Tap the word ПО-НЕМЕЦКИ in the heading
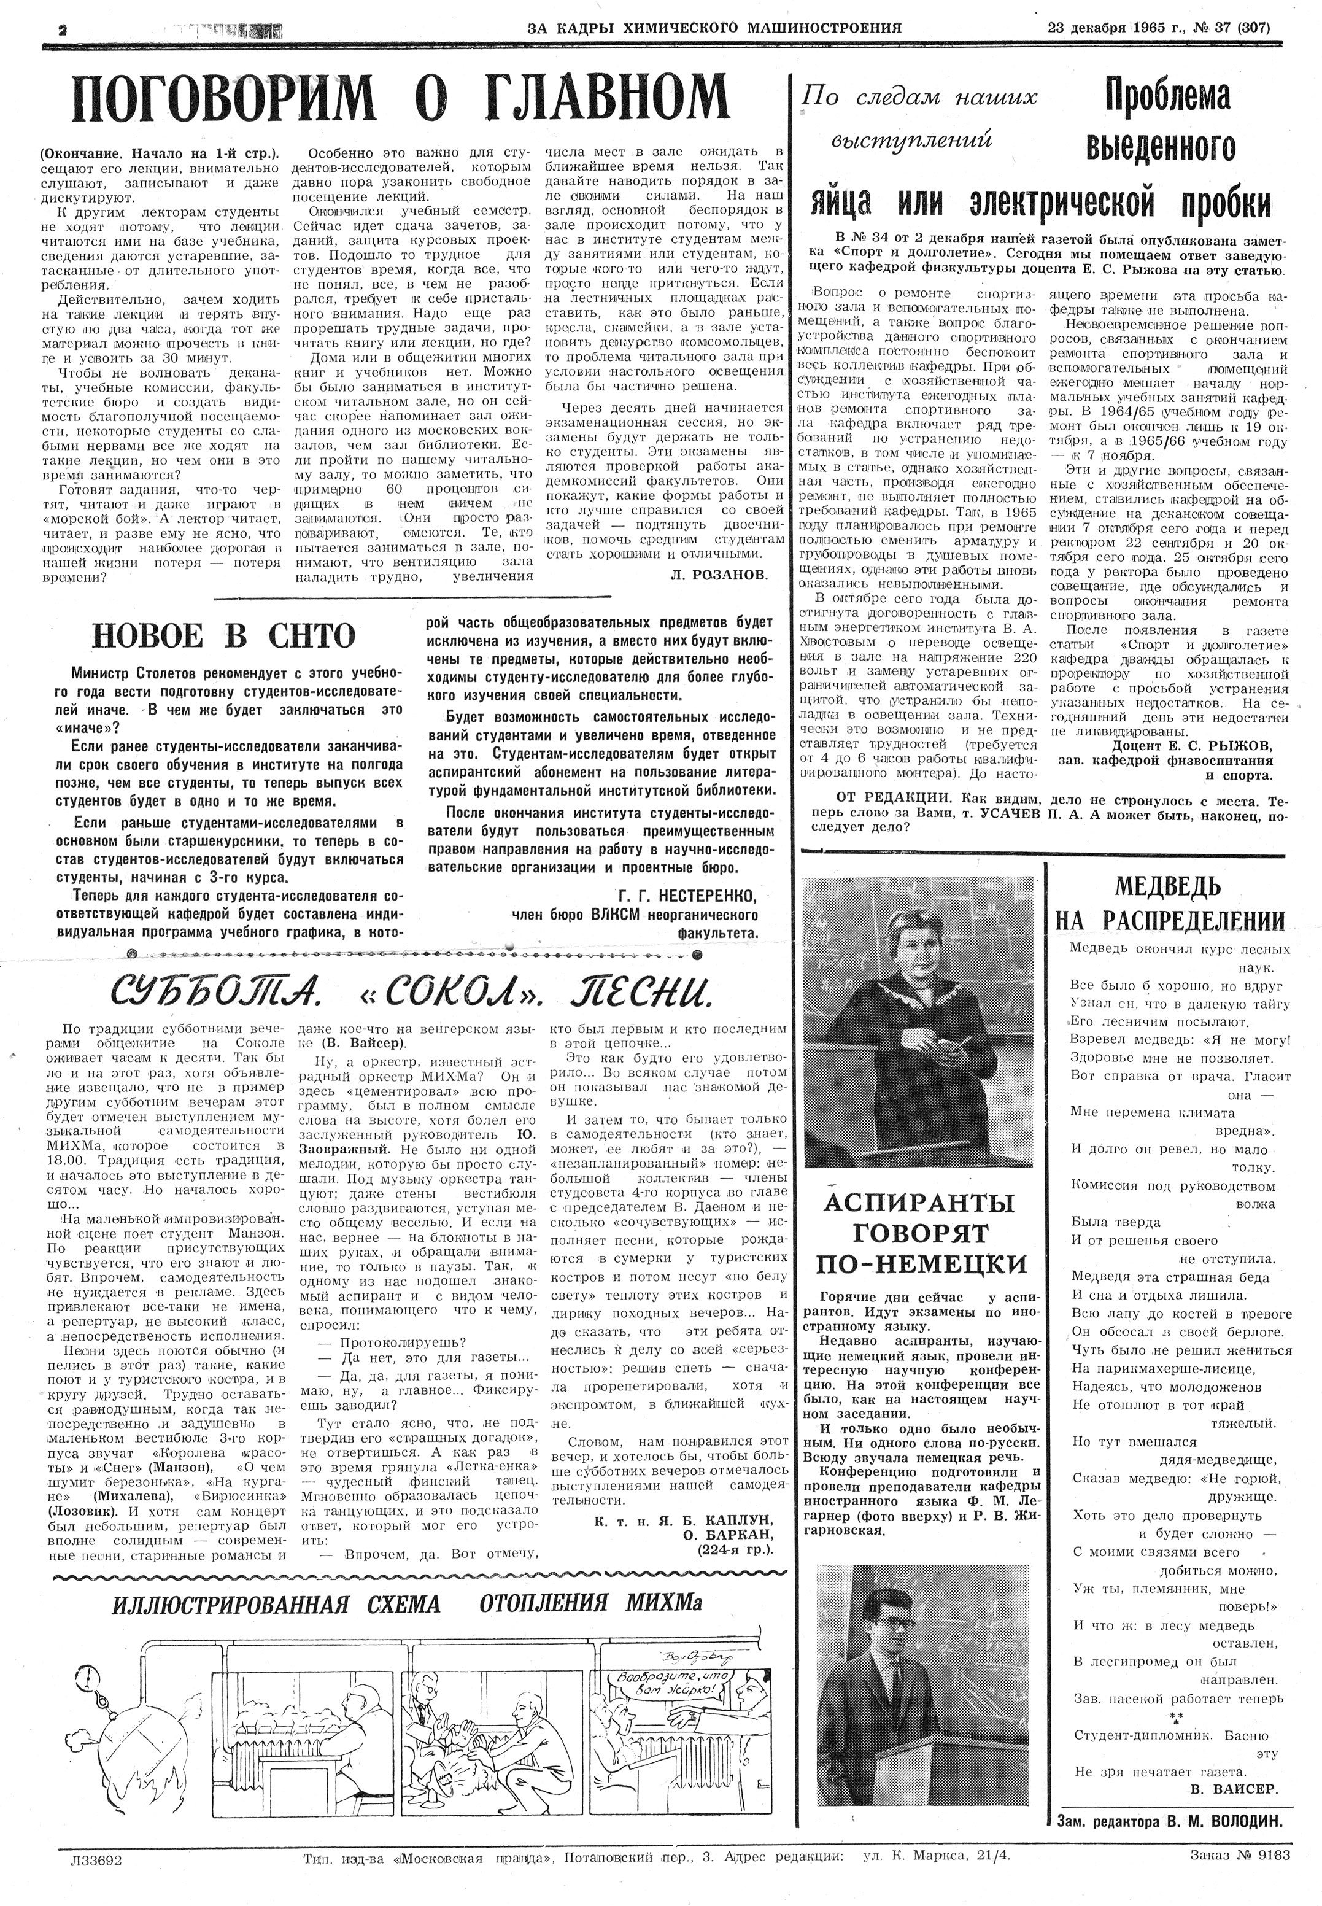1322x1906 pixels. coord(921,1264)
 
